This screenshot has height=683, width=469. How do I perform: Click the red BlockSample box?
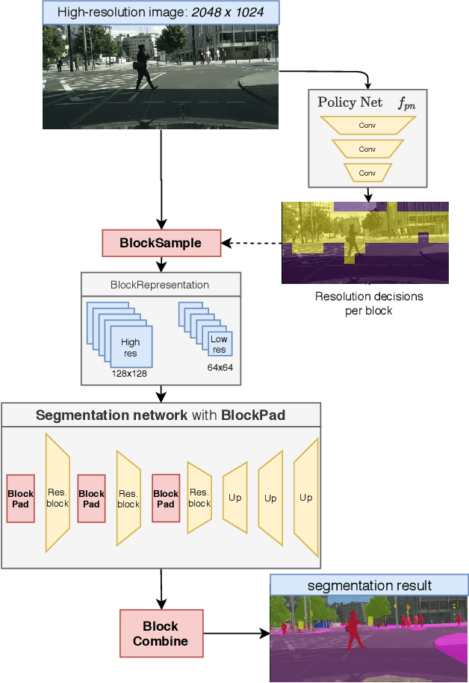click(161, 243)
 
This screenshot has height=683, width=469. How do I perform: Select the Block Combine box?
click(161, 633)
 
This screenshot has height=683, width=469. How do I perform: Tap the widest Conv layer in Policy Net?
click(367, 126)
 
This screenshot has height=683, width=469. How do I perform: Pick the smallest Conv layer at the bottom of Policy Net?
click(367, 173)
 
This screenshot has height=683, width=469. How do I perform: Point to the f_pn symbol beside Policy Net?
click(406, 104)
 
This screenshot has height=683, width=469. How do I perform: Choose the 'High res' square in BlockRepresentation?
click(131, 347)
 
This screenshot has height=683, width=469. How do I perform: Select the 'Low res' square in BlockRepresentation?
click(219, 344)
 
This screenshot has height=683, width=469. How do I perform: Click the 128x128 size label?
click(128, 373)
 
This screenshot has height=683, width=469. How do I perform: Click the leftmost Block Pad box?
click(20, 498)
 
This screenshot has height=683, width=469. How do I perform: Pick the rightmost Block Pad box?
click(166, 498)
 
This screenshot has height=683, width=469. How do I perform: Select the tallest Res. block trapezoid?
click(58, 493)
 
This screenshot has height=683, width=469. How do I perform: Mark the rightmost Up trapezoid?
click(306, 498)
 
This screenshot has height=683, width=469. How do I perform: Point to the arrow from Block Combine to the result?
click(235, 634)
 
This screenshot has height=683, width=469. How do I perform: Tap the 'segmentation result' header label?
click(369, 585)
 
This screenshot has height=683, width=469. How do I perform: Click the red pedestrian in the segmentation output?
click(354, 631)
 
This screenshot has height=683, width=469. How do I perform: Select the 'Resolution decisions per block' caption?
click(369, 303)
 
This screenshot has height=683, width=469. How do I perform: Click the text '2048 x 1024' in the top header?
click(229, 13)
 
